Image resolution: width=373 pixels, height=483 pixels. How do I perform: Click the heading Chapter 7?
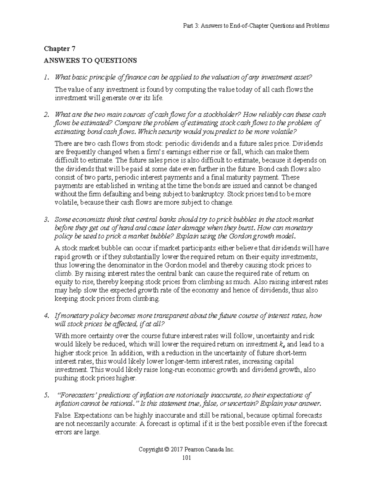point(60,49)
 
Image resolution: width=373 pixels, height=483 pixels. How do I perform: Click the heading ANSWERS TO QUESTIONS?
point(90,60)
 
